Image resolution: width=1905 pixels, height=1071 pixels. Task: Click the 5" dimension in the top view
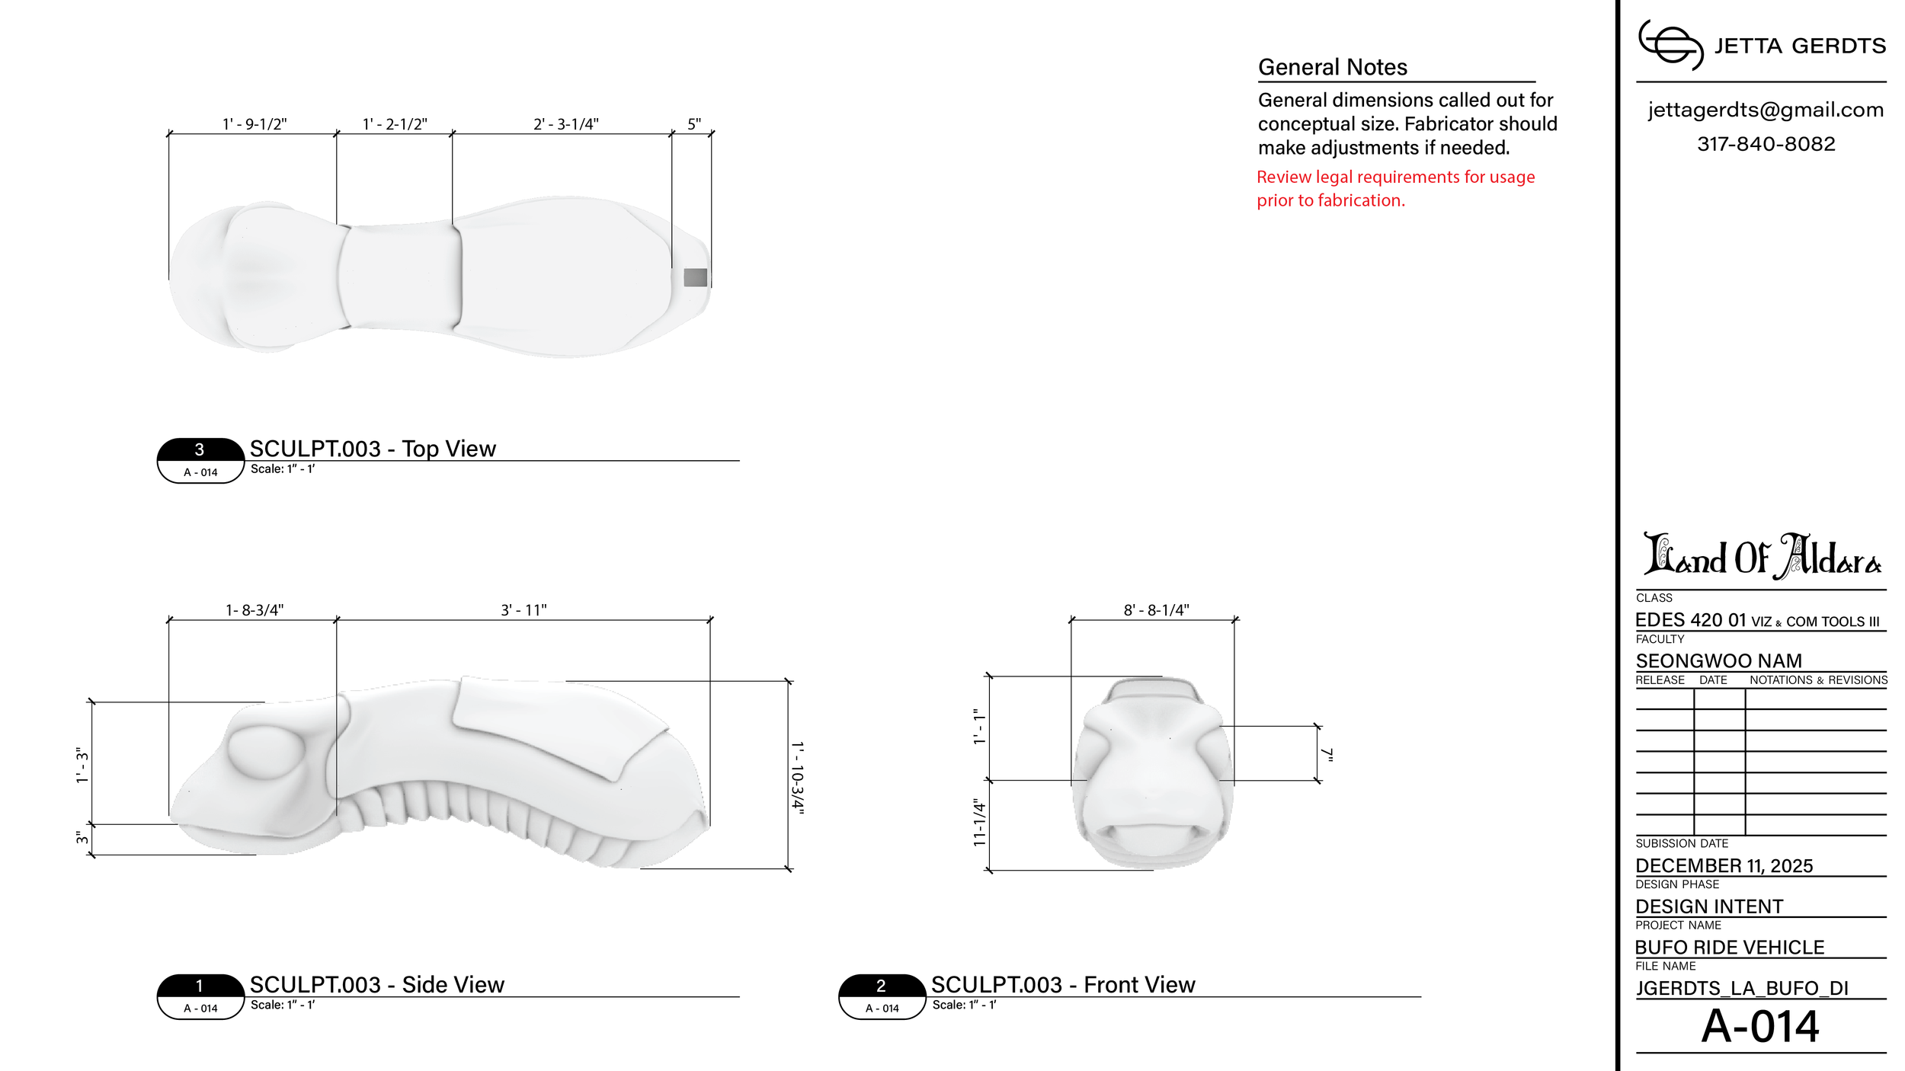point(694,123)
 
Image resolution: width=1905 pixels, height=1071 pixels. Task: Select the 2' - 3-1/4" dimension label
point(566,124)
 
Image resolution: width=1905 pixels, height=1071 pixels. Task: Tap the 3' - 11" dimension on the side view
point(523,610)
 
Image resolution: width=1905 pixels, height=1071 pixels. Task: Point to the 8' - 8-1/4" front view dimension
point(1156,610)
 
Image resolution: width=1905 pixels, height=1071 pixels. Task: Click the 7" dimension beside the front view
point(1328,754)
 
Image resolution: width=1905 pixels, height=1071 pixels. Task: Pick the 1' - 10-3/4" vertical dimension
point(797,778)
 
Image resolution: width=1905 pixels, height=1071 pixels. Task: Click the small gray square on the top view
point(695,277)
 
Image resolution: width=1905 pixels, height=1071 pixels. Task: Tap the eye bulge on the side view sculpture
point(266,751)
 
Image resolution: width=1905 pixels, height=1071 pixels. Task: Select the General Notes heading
point(1333,67)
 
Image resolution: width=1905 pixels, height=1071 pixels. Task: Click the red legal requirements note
point(1395,188)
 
